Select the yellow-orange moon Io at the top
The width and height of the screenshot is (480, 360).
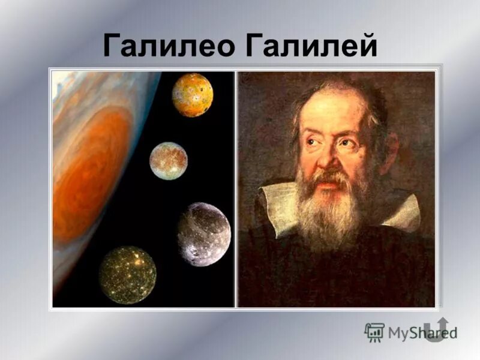click(x=193, y=95)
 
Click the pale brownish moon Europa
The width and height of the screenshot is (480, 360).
click(x=169, y=161)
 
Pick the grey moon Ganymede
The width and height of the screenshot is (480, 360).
click(x=204, y=233)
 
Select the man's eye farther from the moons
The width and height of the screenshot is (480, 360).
click(x=347, y=143)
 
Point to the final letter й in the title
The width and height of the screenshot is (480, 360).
click(x=365, y=45)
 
